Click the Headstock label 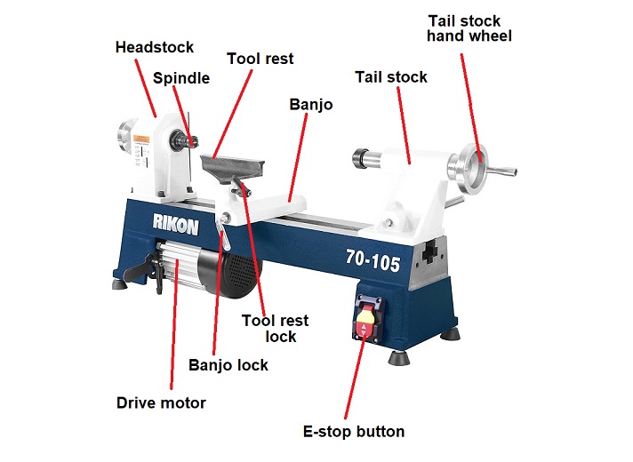(154, 47)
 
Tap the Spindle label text (181, 78)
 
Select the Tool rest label (260, 59)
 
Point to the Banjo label (311, 104)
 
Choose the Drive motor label (161, 402)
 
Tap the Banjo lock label (228, 365)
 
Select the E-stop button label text (354, 432)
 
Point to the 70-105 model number (373, 262)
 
